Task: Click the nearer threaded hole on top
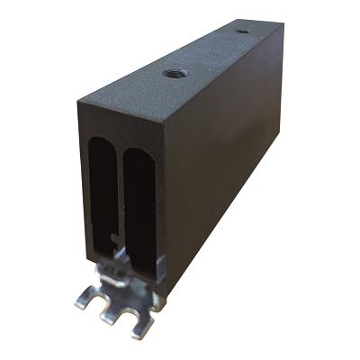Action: pyautogui.click(x=177, y=73)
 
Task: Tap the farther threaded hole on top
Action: pyautogui.click(x=243, y=31)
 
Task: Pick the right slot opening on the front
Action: pyautogui.click(x=139, y=198)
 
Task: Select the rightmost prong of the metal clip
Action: pyautogui.click(x=140, y=327)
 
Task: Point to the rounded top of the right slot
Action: pyautogui.click(x=140, y=153)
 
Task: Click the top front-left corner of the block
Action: pyautogui.click(x=80, y=100)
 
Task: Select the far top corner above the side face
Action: pyautogui.click(x=283, y=26)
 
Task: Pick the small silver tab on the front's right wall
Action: pyautogui.click(x=160, y=265)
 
